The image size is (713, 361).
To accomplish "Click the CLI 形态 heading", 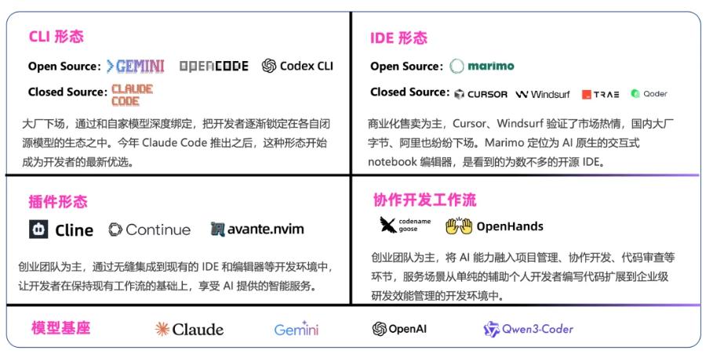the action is [56, 36].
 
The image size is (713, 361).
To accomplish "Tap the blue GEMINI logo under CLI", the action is [135, 67].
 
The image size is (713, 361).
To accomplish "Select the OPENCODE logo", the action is [213, 67].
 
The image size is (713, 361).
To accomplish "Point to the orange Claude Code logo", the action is [133, 95].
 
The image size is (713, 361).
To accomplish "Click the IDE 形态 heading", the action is [398, 38].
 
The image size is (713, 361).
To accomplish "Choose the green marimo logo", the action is [482, 67].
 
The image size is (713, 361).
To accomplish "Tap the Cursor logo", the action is [481, 94].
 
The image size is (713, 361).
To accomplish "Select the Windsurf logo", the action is [543, 95].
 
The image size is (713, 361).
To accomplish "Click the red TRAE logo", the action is [600, 95].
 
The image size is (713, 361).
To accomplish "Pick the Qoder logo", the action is [649, 93].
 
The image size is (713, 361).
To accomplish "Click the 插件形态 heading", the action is [58, 201].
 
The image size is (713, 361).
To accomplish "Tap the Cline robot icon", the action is [38, 229].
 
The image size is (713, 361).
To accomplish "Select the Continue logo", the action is [150, 229].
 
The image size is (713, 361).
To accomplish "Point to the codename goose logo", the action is [406, 225].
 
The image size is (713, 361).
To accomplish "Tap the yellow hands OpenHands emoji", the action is [459, 226].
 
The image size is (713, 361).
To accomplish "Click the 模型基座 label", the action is [61, 327].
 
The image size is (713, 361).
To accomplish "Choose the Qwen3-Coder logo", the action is [529, 329].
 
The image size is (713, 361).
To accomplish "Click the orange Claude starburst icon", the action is [162, 329].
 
